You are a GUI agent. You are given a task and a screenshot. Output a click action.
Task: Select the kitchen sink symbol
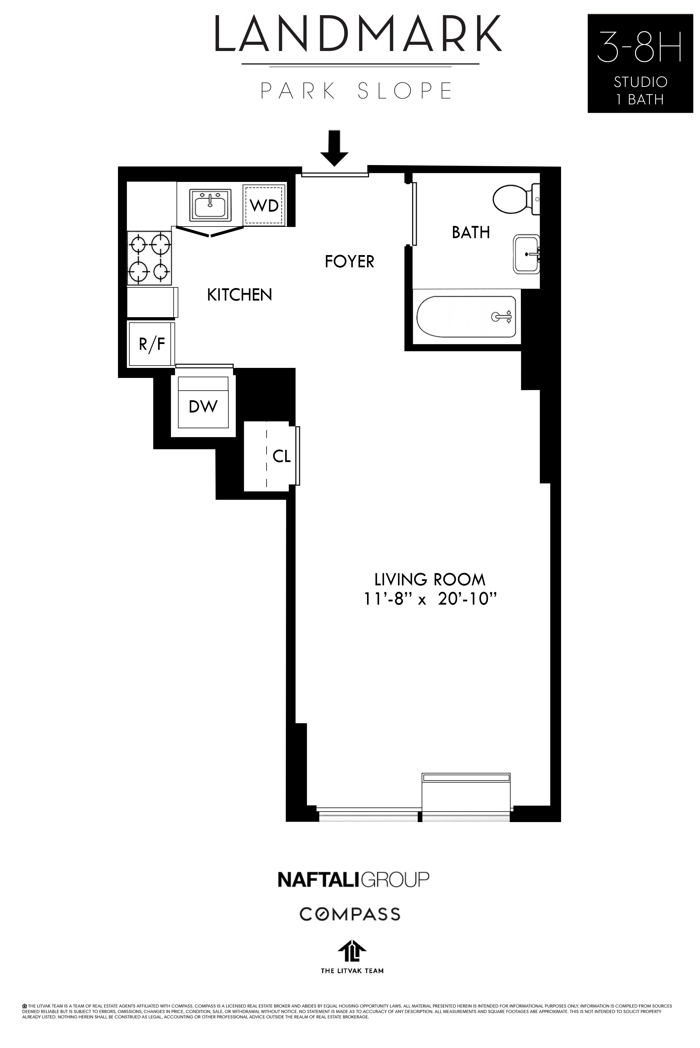tap(211, 205)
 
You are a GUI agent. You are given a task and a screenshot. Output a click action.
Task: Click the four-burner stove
tap(149, 258)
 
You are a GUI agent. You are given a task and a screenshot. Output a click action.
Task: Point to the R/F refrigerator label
tap(152, 344)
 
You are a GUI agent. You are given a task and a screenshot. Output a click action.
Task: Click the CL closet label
tap(281, 456)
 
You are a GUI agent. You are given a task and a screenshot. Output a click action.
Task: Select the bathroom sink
tap(526, 254)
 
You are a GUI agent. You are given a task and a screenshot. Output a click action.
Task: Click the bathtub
tap(466, 317)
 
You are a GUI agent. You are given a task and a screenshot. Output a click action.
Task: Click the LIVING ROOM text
tap(429, 580)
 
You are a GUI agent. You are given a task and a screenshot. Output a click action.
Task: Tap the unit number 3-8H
tap(640, 46)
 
